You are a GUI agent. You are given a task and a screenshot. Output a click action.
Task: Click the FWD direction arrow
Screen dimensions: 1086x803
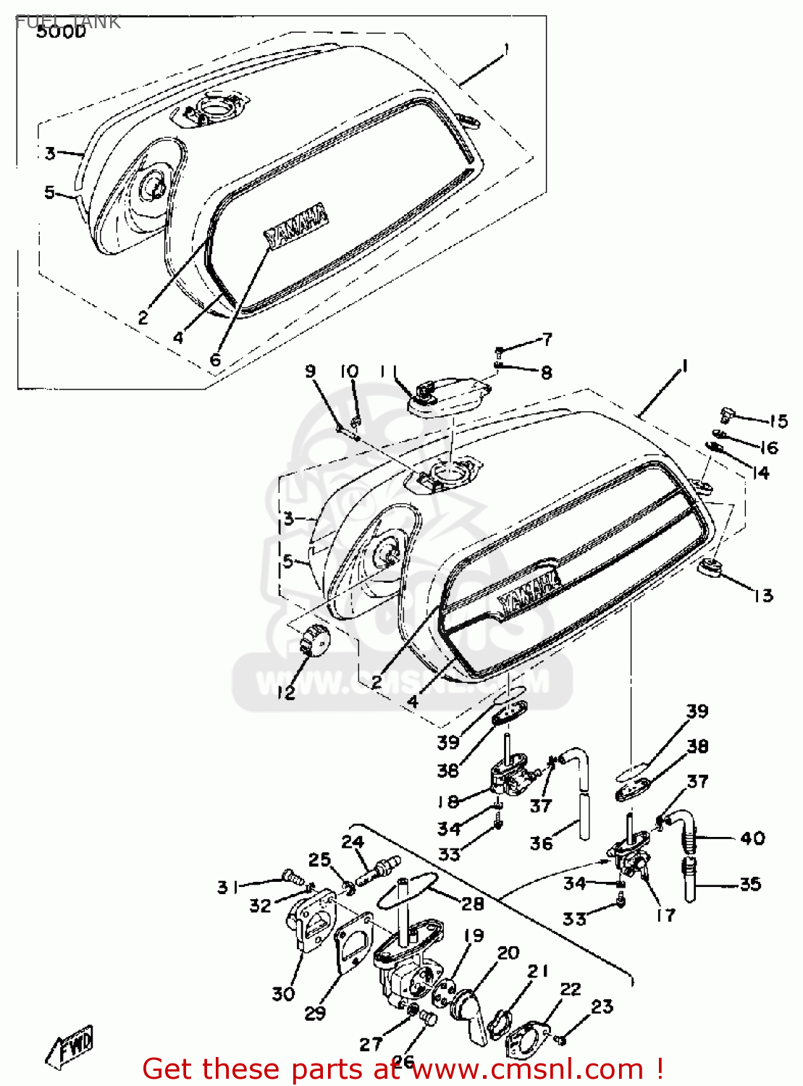(70, 1047)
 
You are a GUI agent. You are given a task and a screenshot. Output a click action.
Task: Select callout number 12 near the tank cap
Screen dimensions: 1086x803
(286, 693)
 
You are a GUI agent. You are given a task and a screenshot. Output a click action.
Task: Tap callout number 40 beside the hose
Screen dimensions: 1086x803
(752, 838)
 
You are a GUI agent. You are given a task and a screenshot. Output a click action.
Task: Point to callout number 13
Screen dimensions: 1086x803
(763, 596)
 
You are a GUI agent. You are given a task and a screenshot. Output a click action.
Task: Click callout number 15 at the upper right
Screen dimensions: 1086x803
(778, 421)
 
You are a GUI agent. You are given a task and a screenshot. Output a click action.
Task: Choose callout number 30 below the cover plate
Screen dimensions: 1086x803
(283, 994)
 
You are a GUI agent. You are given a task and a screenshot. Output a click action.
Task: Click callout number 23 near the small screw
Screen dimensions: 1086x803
(602, 1006)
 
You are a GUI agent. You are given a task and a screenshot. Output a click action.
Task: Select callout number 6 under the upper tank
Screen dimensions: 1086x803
(215, 360)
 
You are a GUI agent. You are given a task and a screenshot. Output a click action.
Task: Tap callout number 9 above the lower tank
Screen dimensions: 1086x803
(310, 371)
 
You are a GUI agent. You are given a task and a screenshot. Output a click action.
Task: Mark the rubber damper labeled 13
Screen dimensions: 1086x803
(710, 568)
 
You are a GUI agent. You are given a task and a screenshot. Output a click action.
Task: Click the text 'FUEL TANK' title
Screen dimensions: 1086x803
(67, 22)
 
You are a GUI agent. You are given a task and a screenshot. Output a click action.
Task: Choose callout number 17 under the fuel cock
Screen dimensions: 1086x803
(665, 915)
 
